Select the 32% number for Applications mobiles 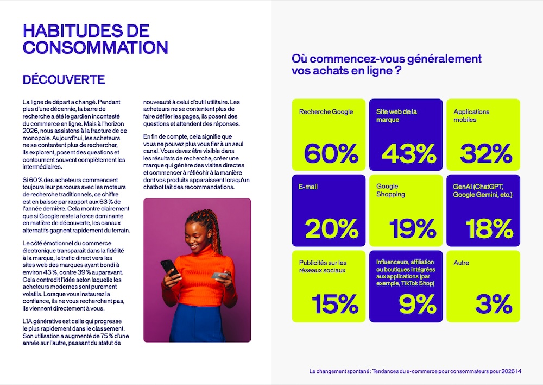483,153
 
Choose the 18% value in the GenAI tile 482,229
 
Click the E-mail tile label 308,187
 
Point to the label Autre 462,263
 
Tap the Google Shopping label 390,190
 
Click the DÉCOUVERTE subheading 64,80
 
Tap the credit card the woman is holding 219,276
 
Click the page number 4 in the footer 520,371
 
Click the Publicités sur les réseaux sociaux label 323,266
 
